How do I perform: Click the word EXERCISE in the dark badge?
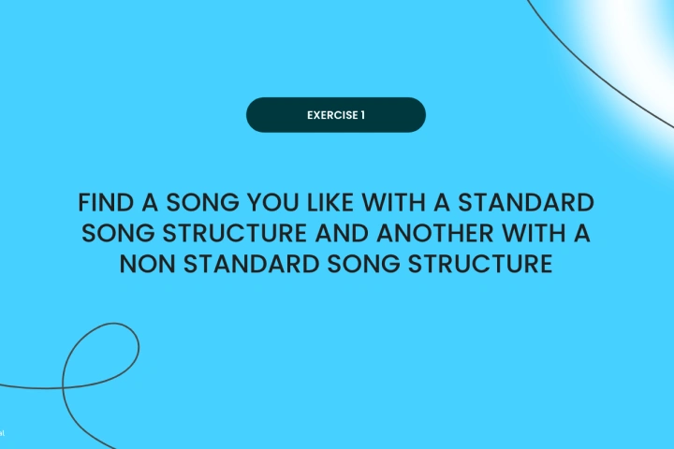pos(332,115)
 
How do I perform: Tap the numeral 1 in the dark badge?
pos(363,115)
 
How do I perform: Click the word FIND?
pos(106,202)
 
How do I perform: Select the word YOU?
pos(273,202)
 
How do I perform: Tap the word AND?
pos(342,233)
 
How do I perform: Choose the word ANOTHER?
pos(435,233)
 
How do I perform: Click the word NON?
pos(147,264)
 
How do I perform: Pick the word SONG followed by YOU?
pos(202,202)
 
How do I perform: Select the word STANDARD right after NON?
pos(251,264)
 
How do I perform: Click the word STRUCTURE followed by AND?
pos(234,233)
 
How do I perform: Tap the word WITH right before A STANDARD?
pos(393,202)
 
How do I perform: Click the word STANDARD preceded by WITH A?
pos(526,202)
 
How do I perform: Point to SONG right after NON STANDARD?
pos(363,264)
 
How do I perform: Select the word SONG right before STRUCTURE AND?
pos(118,233)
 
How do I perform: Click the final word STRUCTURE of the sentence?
pos(479,264)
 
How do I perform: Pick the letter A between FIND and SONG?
pos(150,202)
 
